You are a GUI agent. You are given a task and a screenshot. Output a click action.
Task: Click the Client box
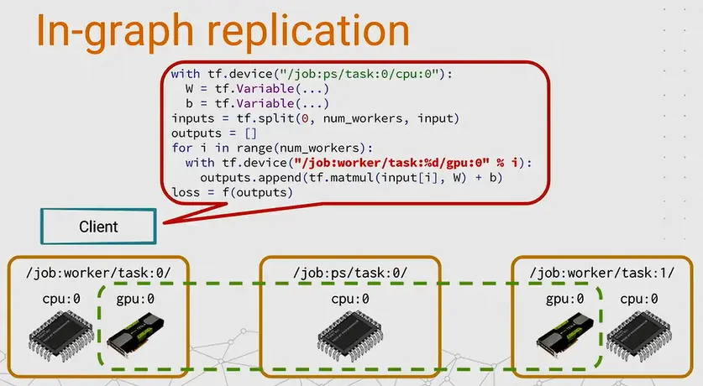[98, 226]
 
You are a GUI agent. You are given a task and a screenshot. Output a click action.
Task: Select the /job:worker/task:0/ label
[99, 273]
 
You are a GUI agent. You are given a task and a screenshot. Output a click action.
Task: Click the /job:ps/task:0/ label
[350, 273]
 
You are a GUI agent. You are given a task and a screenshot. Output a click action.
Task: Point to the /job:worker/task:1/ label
[602, 273]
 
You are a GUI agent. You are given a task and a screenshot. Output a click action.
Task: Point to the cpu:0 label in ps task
[351, 299]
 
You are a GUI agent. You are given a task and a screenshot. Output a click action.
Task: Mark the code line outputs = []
[213, 133]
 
